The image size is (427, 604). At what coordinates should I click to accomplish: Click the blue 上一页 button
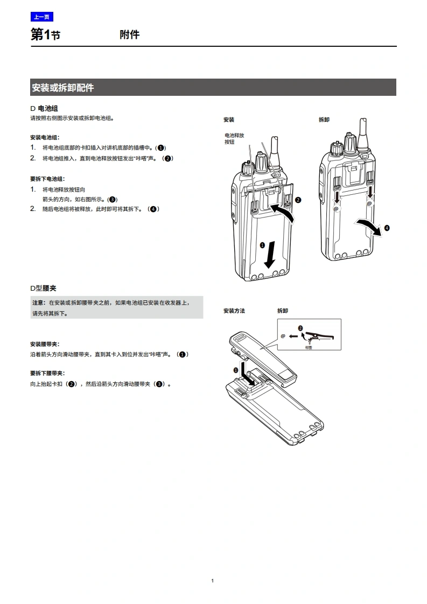pos(41,17)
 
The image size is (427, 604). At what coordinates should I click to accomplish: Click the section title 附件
pos(129,35)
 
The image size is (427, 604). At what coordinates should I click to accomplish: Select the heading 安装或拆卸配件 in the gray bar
pos(63,87)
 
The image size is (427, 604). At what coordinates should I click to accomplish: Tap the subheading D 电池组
pos(44,108)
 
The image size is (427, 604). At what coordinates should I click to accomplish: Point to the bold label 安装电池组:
pos(45,137)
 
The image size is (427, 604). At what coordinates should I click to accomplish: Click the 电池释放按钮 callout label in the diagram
pos(234,138)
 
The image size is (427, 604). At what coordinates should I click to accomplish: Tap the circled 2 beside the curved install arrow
pos(298,200)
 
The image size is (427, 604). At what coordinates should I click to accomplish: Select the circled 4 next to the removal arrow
pos(387,228)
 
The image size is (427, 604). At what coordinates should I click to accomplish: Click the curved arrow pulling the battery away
pos(366,225)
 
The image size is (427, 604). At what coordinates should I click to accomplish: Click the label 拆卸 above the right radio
pos(324,120)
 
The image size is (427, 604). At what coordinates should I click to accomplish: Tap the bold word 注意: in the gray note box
pos(39,303)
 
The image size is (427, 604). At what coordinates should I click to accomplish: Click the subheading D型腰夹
pos(43,289)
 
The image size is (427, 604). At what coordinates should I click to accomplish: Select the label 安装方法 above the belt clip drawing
pos(234,311)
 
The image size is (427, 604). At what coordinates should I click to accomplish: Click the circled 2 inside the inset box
pos(300,328)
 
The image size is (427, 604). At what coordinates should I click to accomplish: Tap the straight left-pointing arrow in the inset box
pos(292,336)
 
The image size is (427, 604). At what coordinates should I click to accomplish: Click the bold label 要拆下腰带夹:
pos(47,373)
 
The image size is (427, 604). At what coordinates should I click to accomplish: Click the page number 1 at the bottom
pos(213,580)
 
